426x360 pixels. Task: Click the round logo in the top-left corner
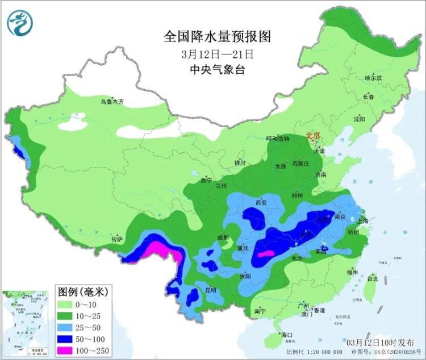coord(20,23)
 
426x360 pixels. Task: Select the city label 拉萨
coord(117,240)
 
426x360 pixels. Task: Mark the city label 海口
coord(286,335)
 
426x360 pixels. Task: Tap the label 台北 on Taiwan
coord(373,279)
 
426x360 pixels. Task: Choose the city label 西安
coord(261,202)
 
